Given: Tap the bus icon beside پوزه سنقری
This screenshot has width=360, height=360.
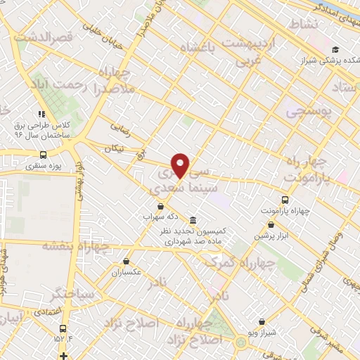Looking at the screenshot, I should tap(44, 155).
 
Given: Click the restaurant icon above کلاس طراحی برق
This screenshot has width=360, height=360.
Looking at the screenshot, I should tap(42, 113).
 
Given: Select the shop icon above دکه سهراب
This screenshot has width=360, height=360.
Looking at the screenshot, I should tap(162, 207).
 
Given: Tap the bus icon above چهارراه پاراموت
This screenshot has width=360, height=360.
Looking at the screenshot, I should tap(285, 199).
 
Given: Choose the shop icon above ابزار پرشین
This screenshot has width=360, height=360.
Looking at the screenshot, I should tap(271, 225).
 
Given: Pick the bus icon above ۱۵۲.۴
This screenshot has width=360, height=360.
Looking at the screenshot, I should tap(63, 328).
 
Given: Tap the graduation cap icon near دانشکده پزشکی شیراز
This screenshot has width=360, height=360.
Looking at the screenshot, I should tap(337, 49).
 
